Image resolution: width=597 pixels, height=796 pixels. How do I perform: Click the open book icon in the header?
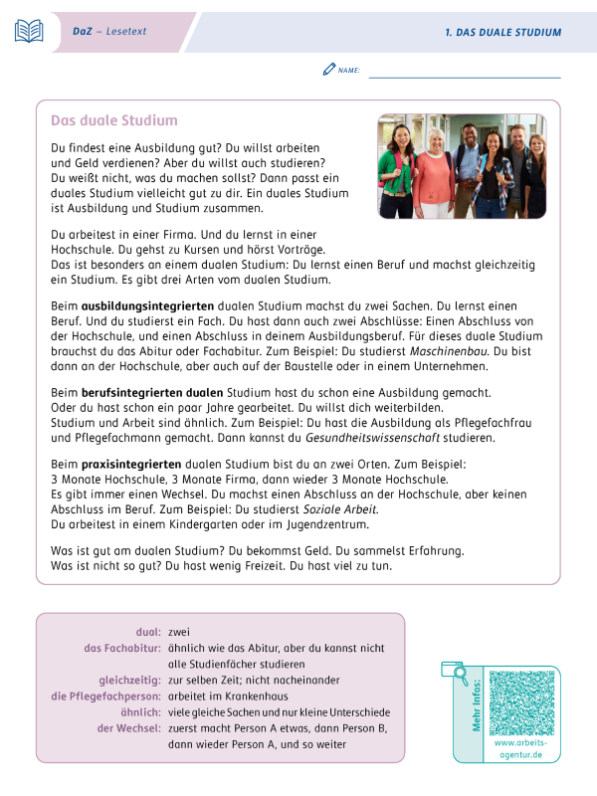[29, 32]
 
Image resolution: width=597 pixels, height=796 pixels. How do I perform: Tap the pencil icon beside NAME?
[329, 70]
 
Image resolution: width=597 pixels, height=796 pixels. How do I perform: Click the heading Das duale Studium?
[113, 120]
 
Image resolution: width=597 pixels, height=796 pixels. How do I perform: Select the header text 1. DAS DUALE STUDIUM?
[502, 33]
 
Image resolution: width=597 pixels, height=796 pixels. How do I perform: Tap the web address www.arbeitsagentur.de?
[518, 749]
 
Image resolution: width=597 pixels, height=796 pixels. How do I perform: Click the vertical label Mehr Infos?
[478, 705]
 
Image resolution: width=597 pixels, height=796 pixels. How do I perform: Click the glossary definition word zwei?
[179, 632]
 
